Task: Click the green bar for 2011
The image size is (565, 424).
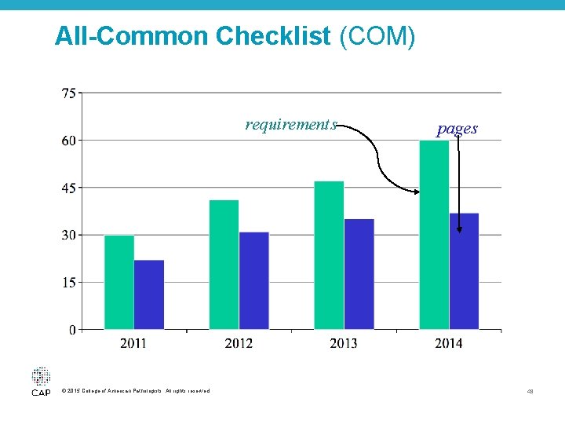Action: click(118, 282)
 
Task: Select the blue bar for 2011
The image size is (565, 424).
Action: click(149, 294)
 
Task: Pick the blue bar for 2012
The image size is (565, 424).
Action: click(254, 280)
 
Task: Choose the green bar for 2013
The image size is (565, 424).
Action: click(329, 255)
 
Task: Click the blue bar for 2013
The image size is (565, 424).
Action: click(359, 274)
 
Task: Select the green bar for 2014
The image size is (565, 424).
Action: click(434, 235)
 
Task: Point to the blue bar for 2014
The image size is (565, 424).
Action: click(465, 271)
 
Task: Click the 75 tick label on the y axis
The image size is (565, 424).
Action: click(69, 93)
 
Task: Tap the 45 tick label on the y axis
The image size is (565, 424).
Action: click(69, 188)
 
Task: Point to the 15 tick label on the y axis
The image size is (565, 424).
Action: click(69, 282)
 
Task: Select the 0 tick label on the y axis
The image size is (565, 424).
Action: click(72, 330)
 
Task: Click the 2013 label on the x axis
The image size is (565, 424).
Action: click(344, 343)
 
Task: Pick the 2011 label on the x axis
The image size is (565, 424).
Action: click(133, 343)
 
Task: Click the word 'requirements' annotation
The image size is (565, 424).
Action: click(290, 124)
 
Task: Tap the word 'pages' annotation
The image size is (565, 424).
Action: click(457, 128)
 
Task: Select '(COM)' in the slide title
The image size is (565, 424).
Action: click(377, 36)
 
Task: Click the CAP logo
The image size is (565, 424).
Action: click(41, 381)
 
